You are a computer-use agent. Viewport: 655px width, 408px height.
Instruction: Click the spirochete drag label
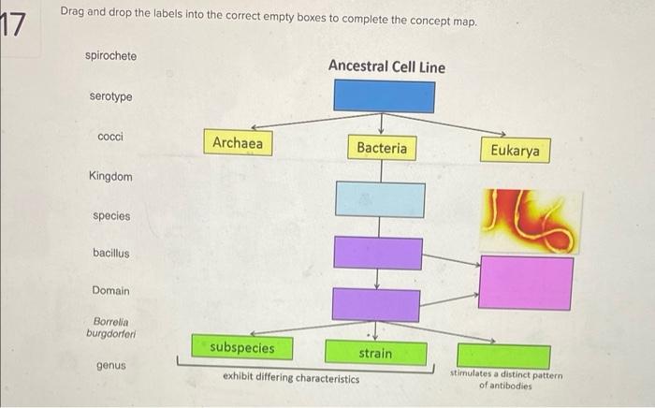[110, 56]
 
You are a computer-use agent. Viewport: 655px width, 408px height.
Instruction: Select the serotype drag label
[110, 96]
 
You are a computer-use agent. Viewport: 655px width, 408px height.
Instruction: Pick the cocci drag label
[110, 137]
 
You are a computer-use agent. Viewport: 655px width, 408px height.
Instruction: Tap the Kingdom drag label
[110, 176]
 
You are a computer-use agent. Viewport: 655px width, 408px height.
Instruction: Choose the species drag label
[111, 216]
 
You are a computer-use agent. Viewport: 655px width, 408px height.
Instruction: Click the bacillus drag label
[111, 253]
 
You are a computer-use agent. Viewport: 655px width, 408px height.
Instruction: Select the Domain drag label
[110, 290]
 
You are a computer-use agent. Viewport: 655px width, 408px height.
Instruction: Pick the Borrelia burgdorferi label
[111, 328]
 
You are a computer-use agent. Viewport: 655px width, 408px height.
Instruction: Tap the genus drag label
[111, 365]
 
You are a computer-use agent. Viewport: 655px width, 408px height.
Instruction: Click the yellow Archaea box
[238, 142]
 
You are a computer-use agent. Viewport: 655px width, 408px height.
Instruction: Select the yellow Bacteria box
[382, 148]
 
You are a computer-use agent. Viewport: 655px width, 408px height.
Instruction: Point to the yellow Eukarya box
[515, 150]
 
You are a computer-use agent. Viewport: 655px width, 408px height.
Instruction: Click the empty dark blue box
[384, 96]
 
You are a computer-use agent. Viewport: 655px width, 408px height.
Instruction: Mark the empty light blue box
[380, 199]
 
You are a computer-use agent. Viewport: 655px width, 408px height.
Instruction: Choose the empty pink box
[526, 283]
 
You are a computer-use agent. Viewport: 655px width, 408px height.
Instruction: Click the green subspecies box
[242, 347]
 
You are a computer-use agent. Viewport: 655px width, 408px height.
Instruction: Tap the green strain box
[376, 353]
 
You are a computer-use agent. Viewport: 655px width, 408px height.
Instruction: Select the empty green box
[503, 357]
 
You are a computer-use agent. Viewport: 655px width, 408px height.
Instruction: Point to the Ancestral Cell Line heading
[386, 66]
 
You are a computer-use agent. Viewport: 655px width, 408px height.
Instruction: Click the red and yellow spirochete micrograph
[531, 222]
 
